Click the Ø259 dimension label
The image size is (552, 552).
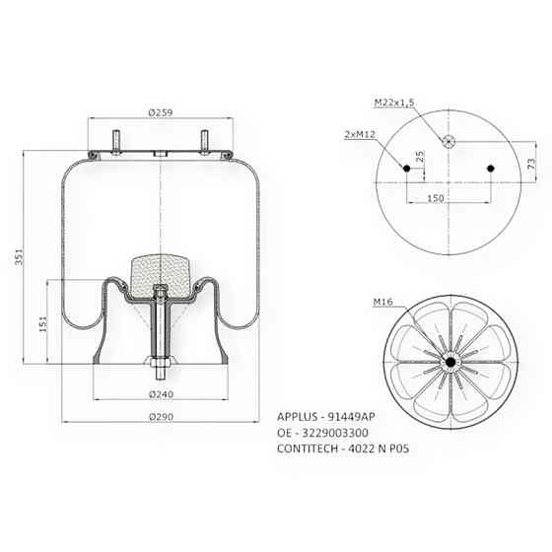pyautogui.click(x=161, y=114)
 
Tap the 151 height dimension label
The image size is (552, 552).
pyautogui.click(x=39, y=323)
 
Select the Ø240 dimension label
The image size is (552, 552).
pyautogui.click(x=161, y=394)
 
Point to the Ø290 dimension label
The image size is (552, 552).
pyautogui.click(x=161, y=418)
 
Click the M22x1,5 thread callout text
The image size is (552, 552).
pyautogui.click(x=394, y=103)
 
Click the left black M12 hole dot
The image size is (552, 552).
pyautogui.click(x=405, y=169)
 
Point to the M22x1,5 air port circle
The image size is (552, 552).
pyautogui.click(x=448, y=140)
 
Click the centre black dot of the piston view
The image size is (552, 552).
pyautogui.click(x=449, y=364)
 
